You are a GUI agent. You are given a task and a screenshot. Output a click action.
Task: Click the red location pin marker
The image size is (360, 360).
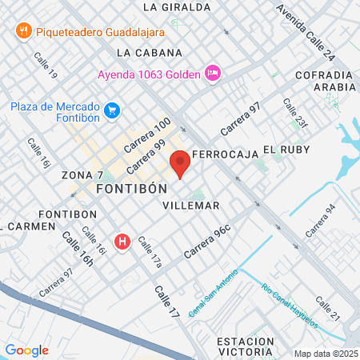(181, 163)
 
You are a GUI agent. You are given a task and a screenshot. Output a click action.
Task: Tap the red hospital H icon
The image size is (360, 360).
(122, 240)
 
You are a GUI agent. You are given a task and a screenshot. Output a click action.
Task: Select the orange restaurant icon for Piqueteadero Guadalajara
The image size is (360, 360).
(23, 30)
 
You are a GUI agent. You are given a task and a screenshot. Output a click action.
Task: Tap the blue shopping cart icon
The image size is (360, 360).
(113, 110)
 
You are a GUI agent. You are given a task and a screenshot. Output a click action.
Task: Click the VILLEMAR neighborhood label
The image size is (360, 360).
(190, 206)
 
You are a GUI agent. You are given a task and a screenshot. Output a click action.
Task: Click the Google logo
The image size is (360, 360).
(26, 350)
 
